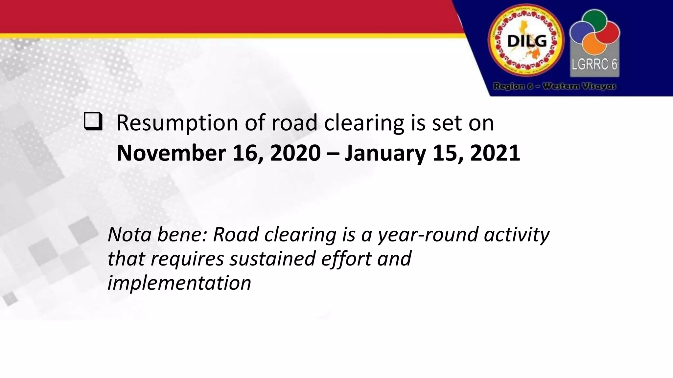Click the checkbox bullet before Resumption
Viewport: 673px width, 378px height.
pos(93,122)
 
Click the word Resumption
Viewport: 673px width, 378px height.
pos(177,123)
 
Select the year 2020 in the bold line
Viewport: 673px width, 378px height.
pos(295,153)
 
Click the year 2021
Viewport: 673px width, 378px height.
pos(495,153)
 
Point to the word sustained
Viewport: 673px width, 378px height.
pos(272,259)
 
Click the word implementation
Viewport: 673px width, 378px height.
pos(179,283)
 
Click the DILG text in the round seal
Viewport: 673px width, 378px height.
pos(527,42)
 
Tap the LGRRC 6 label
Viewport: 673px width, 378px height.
pos(594,64)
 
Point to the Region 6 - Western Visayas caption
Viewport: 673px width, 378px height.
pos(554,86)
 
